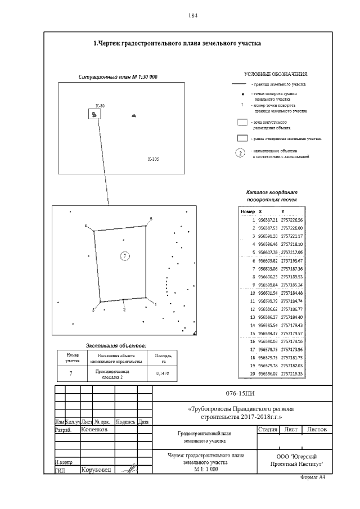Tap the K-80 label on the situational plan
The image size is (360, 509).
click(100, 106)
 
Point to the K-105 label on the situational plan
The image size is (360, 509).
click(153, 160)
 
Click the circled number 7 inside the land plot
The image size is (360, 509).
click(125, 256)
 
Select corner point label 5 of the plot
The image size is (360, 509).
click(151, 218)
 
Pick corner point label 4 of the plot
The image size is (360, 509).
click(86, 226)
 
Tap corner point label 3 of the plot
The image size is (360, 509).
click(93, 310)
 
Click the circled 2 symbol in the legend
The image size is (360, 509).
click(240, 152)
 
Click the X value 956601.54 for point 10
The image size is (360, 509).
click(268, 294)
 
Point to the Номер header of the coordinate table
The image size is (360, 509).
click(247, 211)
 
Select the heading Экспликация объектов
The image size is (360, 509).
click(115, 344)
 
